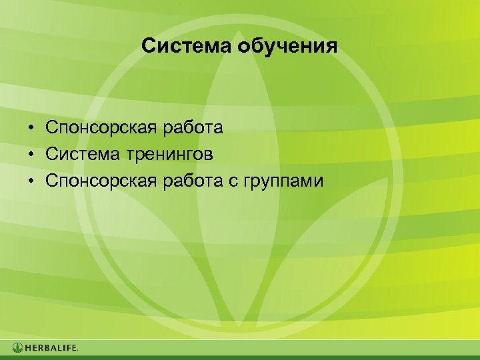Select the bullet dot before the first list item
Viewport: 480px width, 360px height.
pyautogui.click(x=31, y=127)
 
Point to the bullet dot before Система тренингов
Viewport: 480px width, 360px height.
pyautogui.click(x=31, y=155)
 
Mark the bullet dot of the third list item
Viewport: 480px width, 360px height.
pyautogui.click(x=31, y=182)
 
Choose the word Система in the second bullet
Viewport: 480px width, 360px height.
pyautogui.click(x=80, y=155)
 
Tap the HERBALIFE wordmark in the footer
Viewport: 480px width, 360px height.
pyautogui.click(x=51, y=347)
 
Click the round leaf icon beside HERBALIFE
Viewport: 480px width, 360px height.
pyautogui.click(x=17, y=347)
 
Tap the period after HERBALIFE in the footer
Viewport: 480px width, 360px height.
pyautogui.click(x=78, y=350)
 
